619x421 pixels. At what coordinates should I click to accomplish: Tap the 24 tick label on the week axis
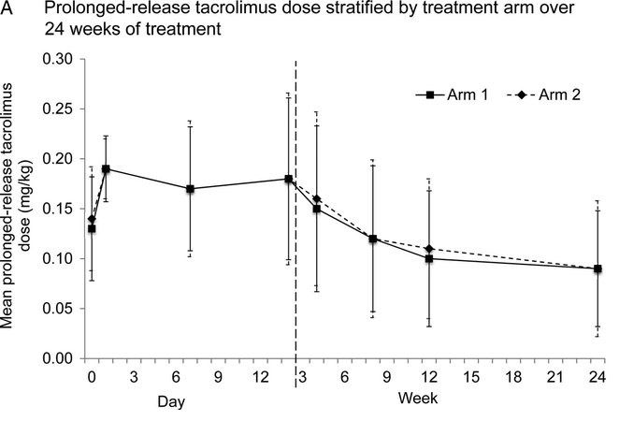[597, 377]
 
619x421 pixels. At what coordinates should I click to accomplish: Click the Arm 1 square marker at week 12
[429, 258]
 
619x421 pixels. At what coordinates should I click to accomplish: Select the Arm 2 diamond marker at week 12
[429, 249]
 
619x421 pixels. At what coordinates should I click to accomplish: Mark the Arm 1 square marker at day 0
[92, 228]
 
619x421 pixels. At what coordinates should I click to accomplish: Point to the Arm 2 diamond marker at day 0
[92, 219]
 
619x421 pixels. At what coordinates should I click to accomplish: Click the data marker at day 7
[190, 189]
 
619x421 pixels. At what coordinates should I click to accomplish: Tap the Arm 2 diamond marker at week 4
[317, 199]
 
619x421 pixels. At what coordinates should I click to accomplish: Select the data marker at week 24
[597, 269]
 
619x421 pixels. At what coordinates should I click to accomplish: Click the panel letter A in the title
[8, 11]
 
